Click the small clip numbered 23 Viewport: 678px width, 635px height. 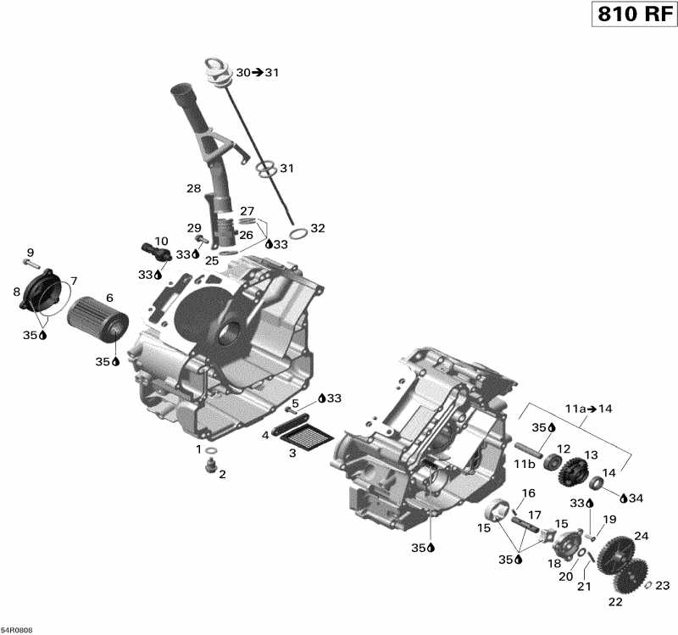pos(648,584)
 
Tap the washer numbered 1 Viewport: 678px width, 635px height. pos(212,449)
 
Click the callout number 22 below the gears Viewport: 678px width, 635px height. pos(615,602)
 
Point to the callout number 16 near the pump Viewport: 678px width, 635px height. pos(528,493)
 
